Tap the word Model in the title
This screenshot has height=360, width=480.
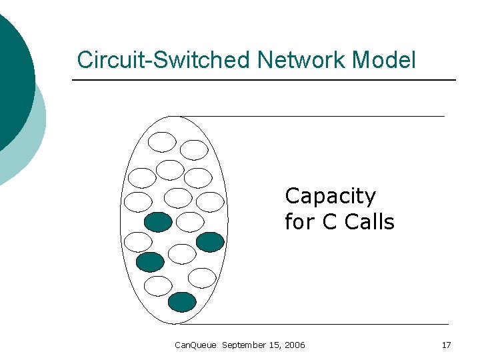pos(384,60)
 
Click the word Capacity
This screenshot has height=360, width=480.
pos(330,197)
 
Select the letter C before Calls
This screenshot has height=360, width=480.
pos(329,222)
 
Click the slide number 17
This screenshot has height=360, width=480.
pos(446,345)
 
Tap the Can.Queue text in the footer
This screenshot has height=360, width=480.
pos(195,345)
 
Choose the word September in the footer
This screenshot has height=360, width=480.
pos(243,345)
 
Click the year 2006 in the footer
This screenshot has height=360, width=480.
pos(295,345)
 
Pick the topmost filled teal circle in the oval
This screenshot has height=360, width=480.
pos(158,221)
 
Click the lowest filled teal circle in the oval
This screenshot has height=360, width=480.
pos(182,302)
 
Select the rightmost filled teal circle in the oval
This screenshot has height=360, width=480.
pos(211,241)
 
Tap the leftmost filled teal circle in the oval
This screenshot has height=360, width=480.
pos(149,262)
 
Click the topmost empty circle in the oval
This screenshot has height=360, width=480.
pos(162,141)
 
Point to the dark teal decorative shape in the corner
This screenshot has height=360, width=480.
pos(13,73)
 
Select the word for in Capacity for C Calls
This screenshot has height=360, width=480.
pos(299,222)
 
